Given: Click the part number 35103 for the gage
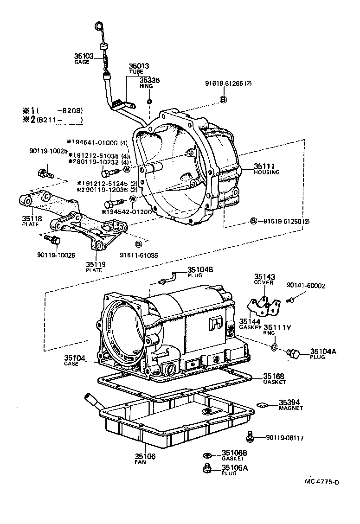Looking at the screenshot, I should point(84,56).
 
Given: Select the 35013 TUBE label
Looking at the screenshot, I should point(139,69).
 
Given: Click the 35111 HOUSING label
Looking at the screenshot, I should point(266,168).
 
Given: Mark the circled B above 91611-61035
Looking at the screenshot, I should point(138,244).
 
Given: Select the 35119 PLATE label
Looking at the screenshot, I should point(96,267).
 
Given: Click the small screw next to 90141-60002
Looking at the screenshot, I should point(290,300).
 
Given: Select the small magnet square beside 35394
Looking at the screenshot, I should point(263,404).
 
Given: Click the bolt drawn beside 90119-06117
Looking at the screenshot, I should point(250,436).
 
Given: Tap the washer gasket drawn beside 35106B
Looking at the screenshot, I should point(209,455).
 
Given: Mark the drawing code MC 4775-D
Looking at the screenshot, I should point(321,481).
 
